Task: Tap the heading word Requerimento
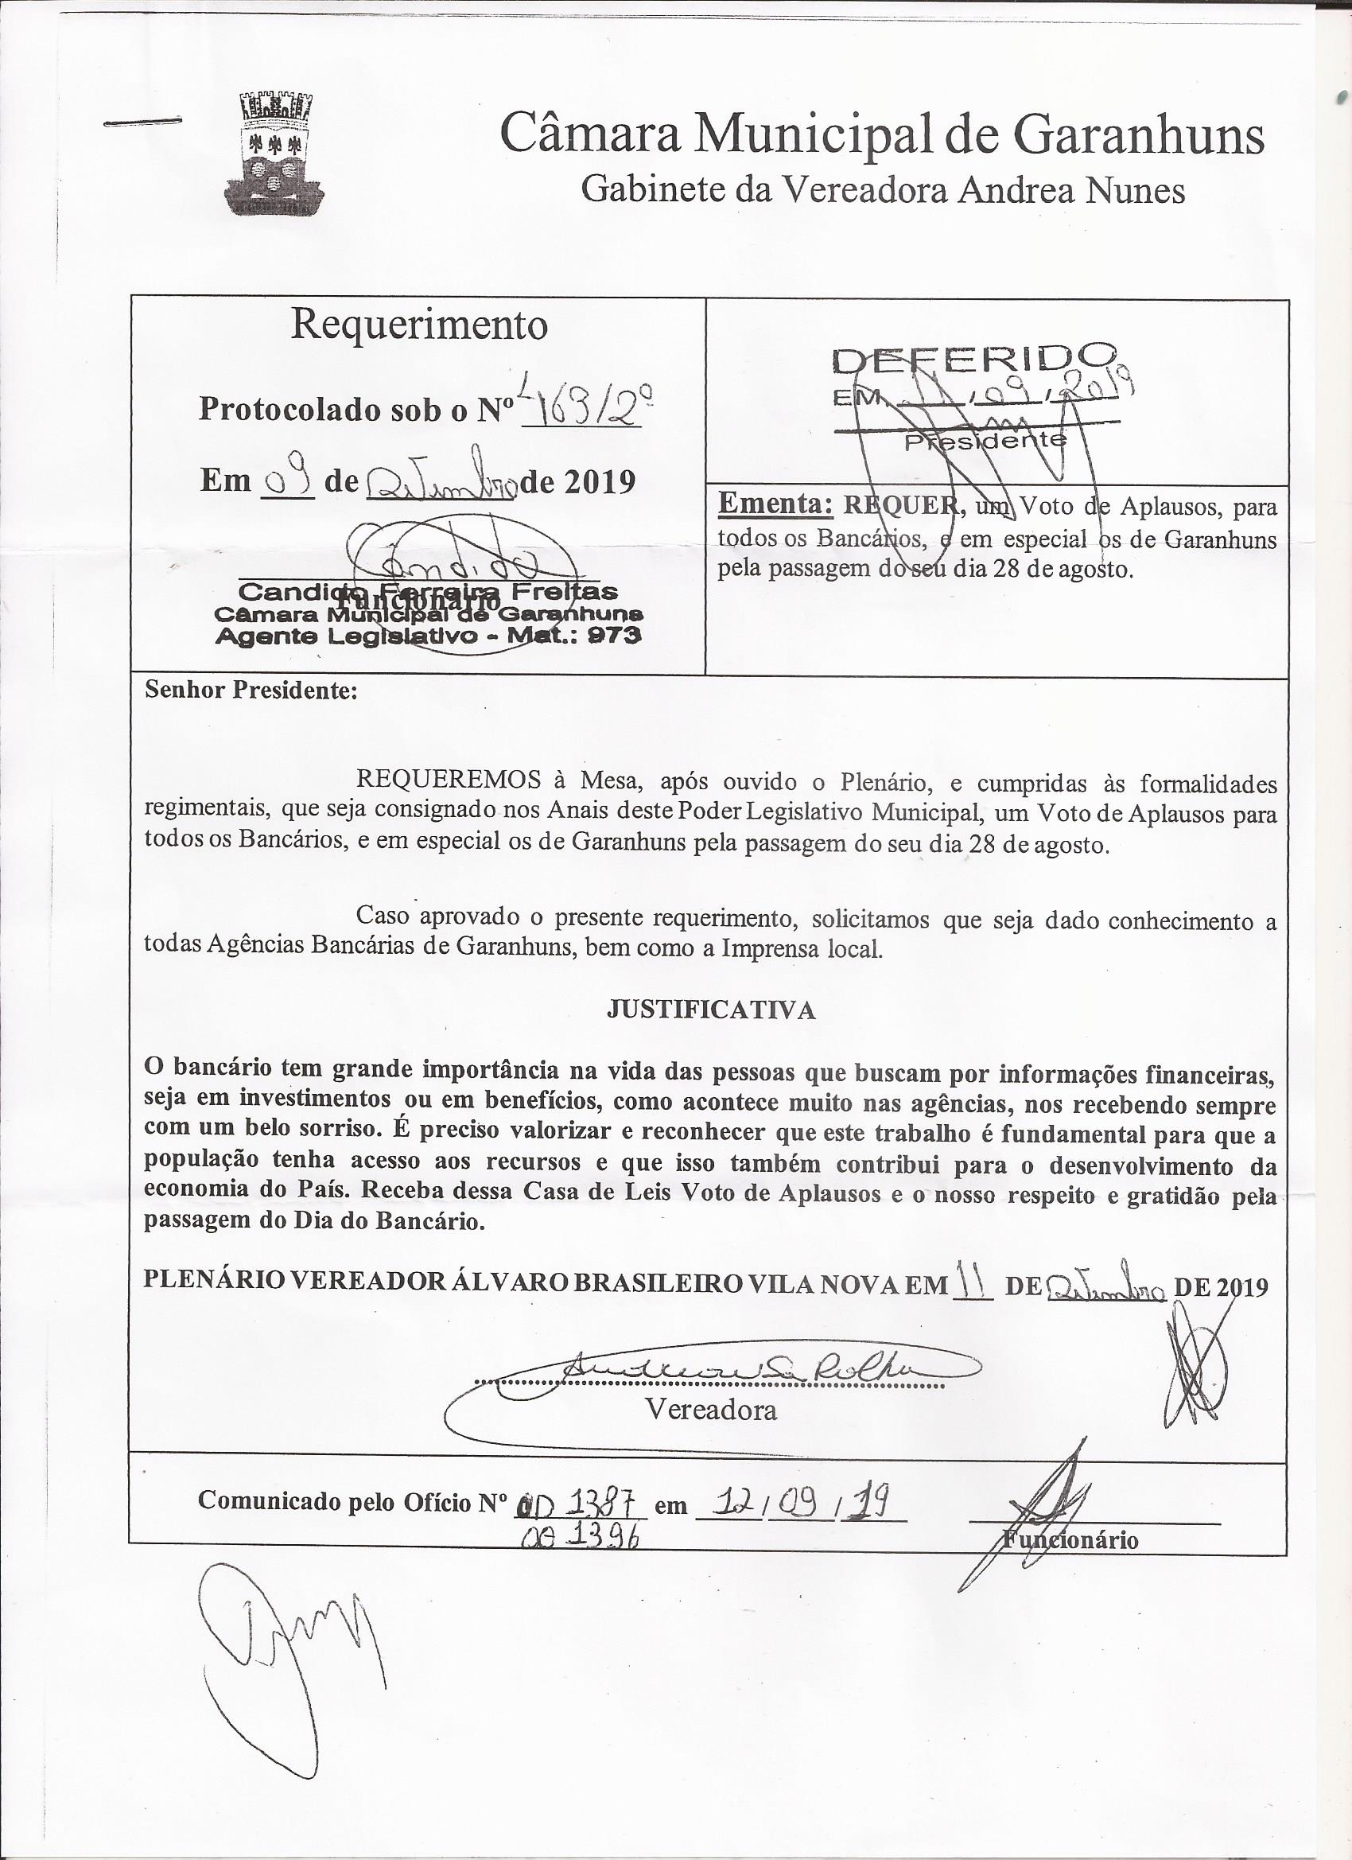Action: (x=419, y=325)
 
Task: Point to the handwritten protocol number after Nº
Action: (x=583, y=406)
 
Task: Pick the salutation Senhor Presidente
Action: (x=251, y=690)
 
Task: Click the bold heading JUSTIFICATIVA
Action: (x=711, y=1010)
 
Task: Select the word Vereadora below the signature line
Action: (x=711, y=1409)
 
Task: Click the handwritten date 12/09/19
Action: (x=799, y=1503)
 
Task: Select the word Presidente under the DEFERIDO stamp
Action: (x=985, y=442)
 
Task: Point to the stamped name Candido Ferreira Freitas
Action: (x=427, y=591)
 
